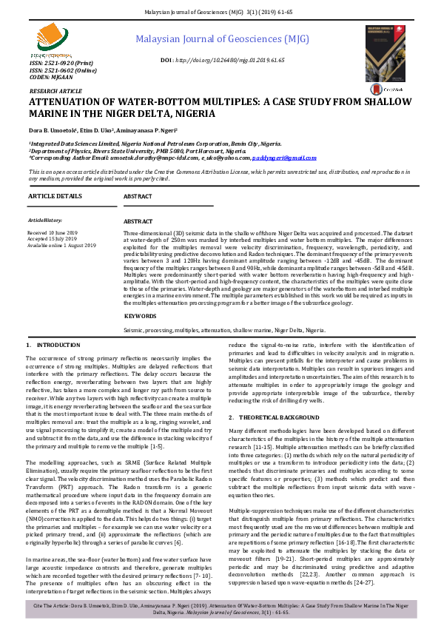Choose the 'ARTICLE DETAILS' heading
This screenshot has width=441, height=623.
55,196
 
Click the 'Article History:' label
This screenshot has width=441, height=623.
45,220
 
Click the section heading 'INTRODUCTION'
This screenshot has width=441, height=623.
53,346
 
